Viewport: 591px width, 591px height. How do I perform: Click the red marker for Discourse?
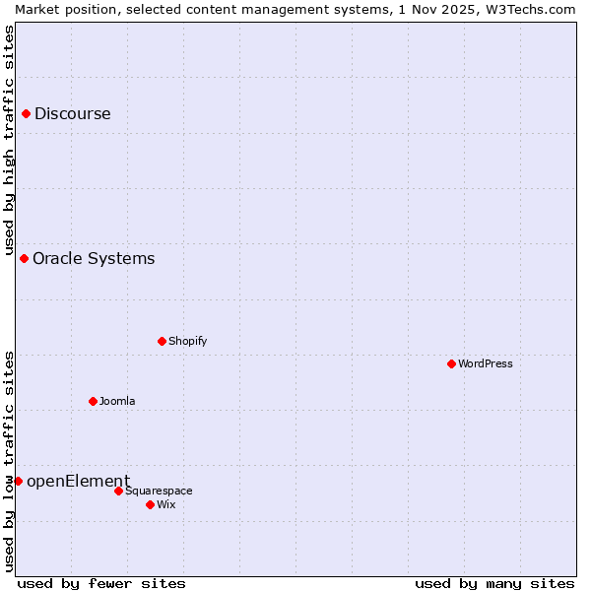coord(26,114)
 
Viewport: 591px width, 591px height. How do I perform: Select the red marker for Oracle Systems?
coord(24,259)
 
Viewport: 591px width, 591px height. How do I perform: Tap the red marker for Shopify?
coord(162,342)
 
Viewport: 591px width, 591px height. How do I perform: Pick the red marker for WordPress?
coord(451,364)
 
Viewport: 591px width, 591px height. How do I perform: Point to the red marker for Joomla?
coord(93,402)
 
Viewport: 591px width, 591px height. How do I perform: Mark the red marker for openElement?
coord(18,482)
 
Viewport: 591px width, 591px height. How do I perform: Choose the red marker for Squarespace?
coord(118,492)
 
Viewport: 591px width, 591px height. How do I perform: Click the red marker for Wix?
coord(150,505)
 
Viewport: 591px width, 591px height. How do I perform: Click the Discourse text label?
coord(73,114)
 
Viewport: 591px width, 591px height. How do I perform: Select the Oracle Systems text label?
coord(94,259)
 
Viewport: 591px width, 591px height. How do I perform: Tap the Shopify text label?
coord(187,342)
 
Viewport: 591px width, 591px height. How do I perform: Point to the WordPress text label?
coord(486,364)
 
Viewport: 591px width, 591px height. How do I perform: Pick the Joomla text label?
coord(117,402)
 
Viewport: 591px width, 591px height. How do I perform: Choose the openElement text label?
coord(78,482)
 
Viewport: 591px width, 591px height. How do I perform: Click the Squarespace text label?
coord(159,492)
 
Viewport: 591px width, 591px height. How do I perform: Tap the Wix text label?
coord(166,505)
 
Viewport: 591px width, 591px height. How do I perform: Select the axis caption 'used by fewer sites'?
coord(101,584)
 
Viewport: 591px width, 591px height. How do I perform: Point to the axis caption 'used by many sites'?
coord(494,584)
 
